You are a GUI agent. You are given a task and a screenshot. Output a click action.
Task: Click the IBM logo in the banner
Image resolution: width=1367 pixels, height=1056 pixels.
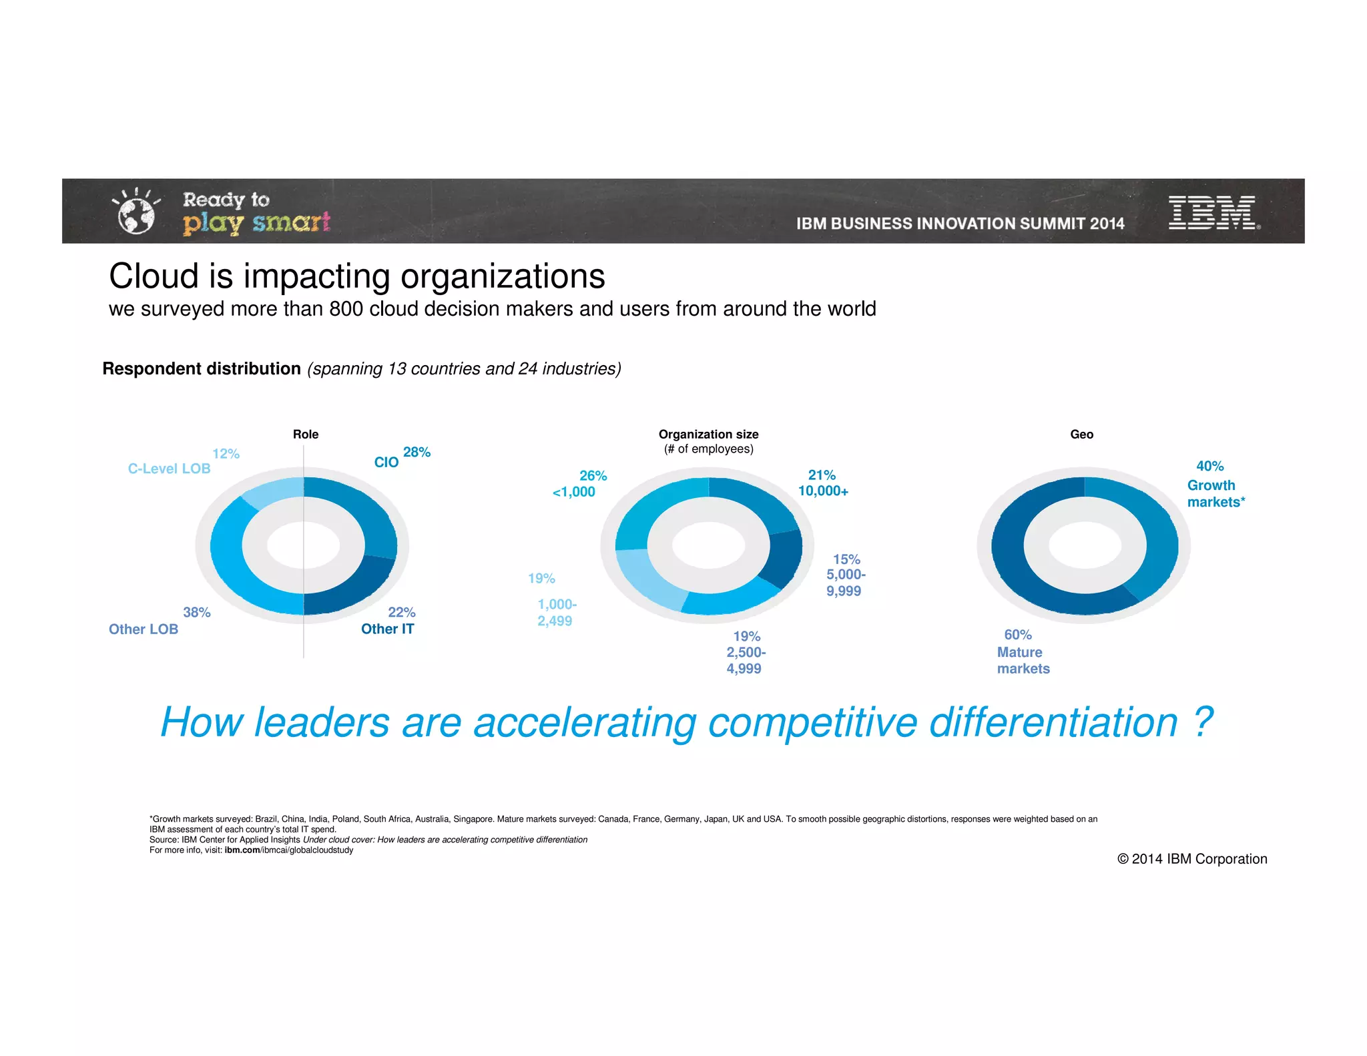click(1212, 212)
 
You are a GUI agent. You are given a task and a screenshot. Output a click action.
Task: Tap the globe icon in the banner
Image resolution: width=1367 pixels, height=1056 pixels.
click(136, 216)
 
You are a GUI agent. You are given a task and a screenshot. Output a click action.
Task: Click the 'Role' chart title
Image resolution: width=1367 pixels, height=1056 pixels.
click(306, 434)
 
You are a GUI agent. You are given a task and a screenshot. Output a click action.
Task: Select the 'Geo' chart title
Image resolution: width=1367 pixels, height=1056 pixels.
click(1081, 434)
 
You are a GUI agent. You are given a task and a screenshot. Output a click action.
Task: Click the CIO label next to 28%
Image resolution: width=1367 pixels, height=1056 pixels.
click(386, 462)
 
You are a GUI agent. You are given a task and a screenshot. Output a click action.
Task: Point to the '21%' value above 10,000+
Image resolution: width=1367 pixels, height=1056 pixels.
click(822, 475)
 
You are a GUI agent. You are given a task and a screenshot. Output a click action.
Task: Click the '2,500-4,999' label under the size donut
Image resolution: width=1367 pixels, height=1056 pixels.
click(745, 660)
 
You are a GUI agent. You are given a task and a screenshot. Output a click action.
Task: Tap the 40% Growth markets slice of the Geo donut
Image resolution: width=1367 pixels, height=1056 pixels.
click(1151, 534)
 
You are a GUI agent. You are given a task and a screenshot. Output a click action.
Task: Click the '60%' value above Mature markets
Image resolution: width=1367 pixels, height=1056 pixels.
click(1018, 634)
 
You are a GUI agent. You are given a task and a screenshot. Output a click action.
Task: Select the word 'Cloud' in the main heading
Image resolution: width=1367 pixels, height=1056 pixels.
click(154, 276)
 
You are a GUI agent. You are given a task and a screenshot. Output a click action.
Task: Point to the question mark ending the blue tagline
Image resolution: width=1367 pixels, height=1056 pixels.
click(1202, 722)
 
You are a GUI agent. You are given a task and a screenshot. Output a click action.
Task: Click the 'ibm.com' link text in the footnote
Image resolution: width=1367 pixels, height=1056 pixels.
click(242, 850)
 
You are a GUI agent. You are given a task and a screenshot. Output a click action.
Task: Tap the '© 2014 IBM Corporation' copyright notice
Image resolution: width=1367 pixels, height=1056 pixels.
click(1192, 859)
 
